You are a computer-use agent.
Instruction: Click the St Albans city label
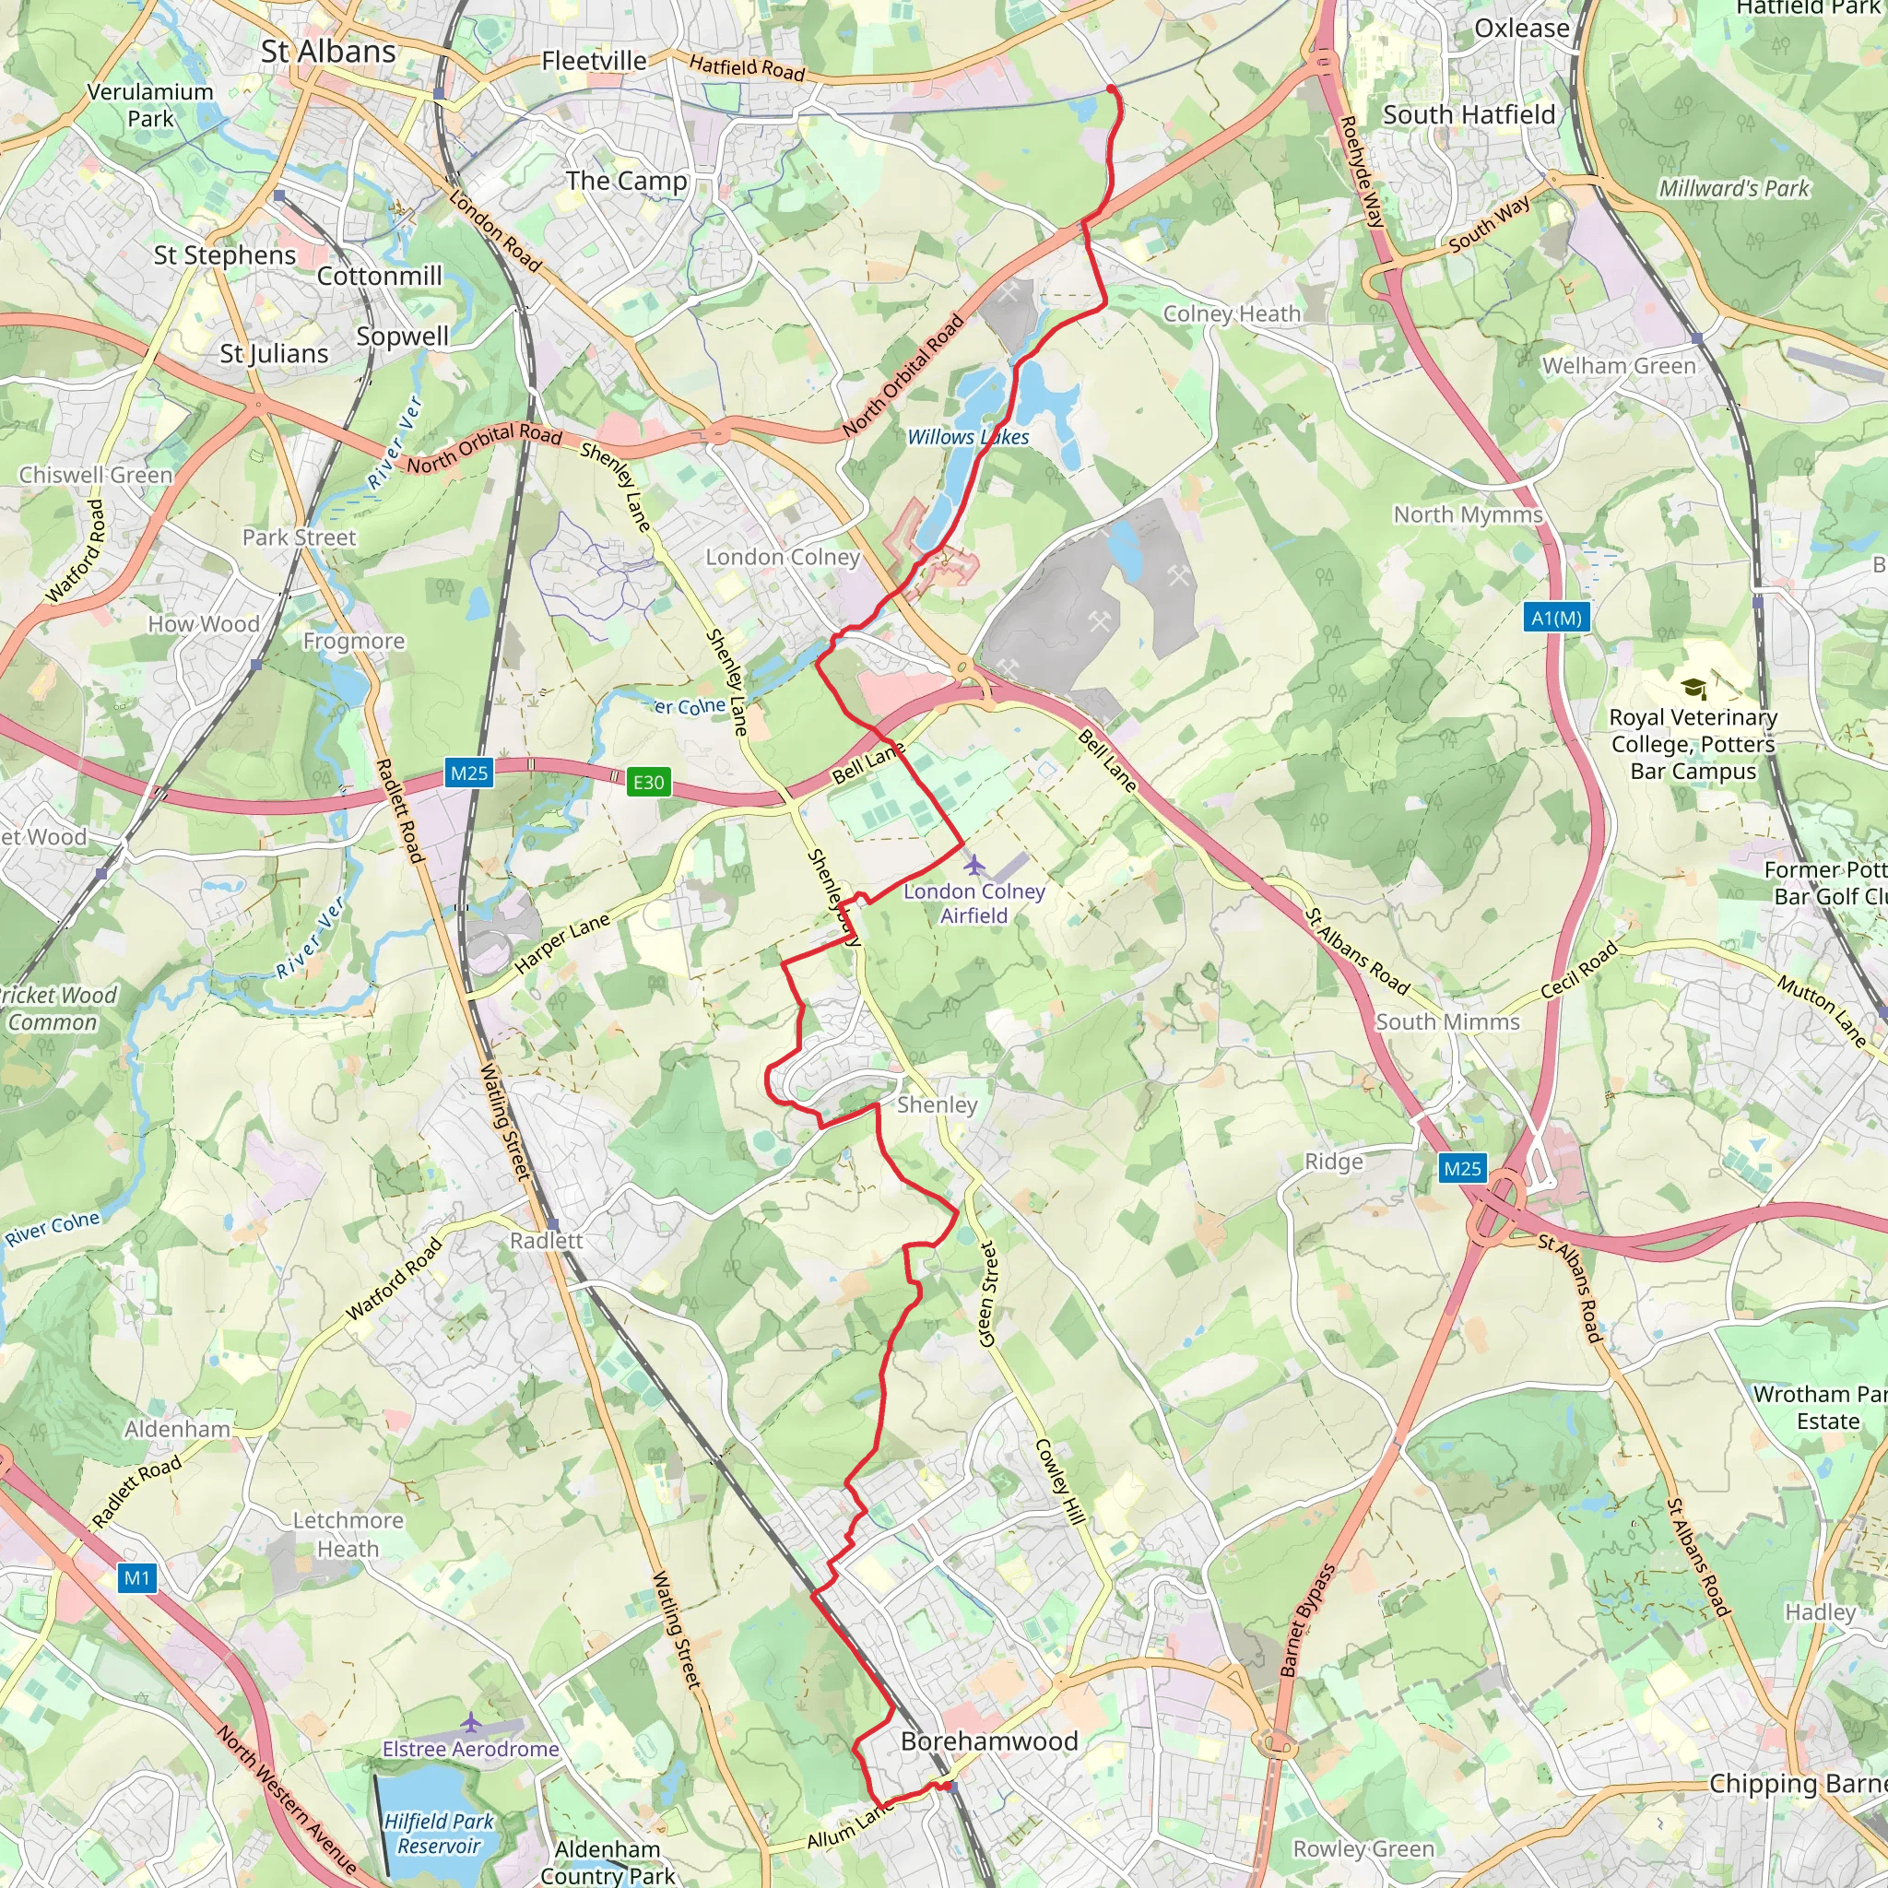point(328,52)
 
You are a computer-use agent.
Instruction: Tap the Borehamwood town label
point(989,1740)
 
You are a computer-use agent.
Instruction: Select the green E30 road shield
point(648,782)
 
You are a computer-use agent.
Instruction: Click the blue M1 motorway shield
point(137,1577)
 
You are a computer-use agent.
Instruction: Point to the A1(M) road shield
point(1556,618)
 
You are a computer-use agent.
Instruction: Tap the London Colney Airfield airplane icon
point(974,865)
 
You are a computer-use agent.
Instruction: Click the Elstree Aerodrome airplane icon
point(471,1722)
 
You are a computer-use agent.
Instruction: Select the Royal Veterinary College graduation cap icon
point(1693,689)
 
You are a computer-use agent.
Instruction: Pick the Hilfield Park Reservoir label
point(439,1834)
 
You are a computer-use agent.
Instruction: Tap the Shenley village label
point(937,1104)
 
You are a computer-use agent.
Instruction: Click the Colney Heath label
point(1232,313)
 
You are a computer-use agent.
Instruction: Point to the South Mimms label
point(1447,1021)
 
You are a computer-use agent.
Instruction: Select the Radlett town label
point(546,1240)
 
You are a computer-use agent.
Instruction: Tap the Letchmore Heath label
point(348,1534)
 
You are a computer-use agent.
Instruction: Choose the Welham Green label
point(1618,365)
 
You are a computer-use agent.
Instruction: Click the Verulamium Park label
point(150,104)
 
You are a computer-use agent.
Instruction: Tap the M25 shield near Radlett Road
point(468,773)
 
